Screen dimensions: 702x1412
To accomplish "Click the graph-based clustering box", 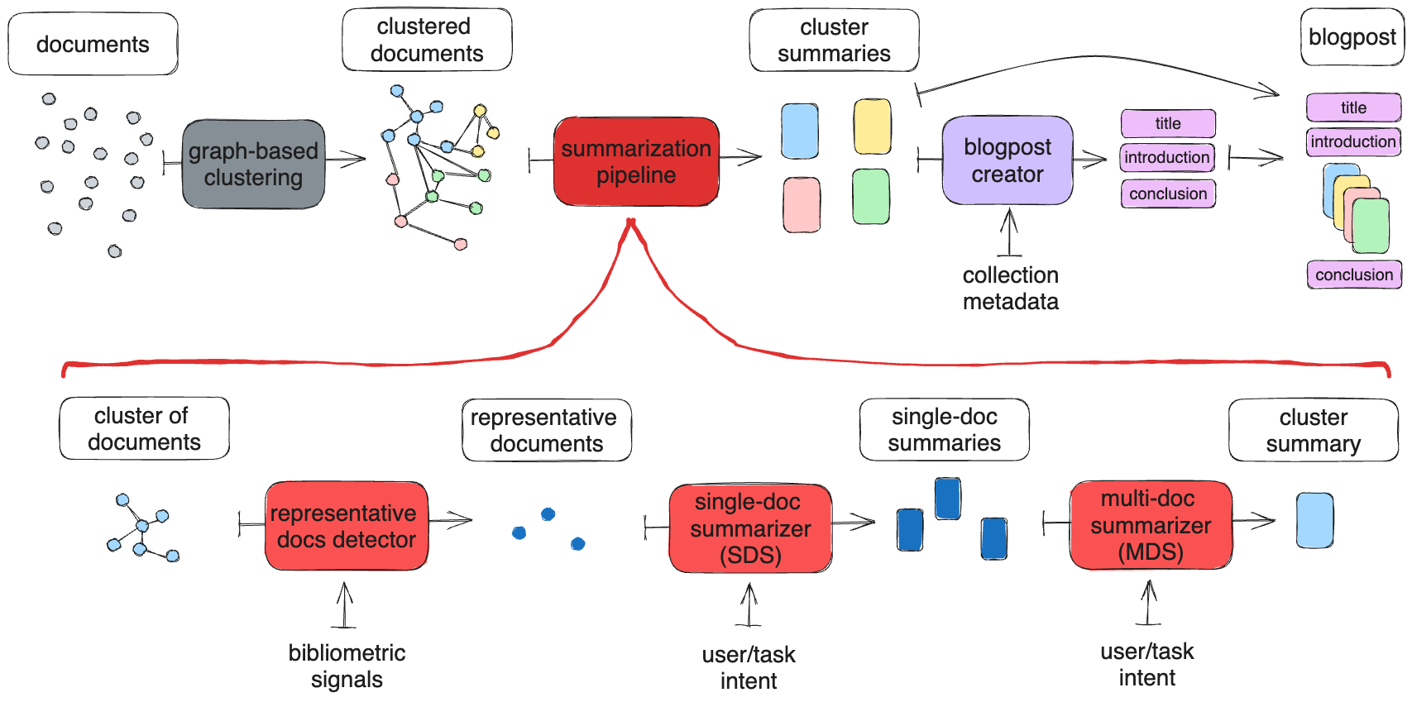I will coord(253,164).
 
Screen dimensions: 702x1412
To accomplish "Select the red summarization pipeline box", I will coord(636,161).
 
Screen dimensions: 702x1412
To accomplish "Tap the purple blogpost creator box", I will coord(1007,160).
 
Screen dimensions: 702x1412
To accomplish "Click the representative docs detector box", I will coord(346,526).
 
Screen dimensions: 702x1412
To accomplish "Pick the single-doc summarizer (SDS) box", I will coord(749,528).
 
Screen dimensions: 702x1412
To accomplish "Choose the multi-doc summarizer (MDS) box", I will coord(1150,525).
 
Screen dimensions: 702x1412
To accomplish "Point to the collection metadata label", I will coord(1010,288).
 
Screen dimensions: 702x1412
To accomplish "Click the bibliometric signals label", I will coord(347,666).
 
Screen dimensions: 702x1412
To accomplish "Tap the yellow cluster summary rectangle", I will coord(872,127).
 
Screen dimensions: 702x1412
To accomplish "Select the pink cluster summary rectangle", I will coord(802,204).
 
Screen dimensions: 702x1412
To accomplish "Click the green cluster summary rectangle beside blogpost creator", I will coord(870,197).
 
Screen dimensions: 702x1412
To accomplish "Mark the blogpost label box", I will coord(1352,37).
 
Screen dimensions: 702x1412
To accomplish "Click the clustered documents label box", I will coord(427,40).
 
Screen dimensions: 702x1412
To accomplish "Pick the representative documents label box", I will coord(546,430).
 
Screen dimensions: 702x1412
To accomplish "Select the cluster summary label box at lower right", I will coord(1313,430).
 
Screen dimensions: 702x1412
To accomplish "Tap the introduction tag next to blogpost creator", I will coord(1167,157).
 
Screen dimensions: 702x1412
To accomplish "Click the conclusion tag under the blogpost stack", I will coord(1353,275).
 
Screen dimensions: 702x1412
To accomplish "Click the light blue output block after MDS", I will coord(1314,520).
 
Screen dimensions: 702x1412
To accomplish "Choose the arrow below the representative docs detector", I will coord(345,605).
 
